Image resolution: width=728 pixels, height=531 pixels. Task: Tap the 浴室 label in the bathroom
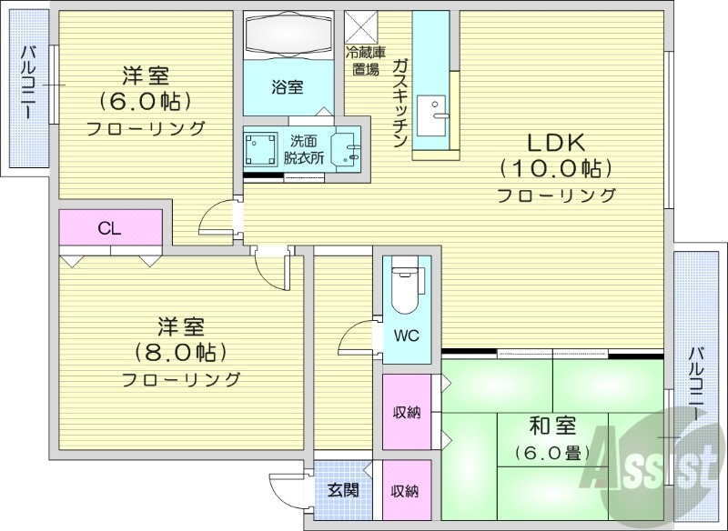pos(287,87)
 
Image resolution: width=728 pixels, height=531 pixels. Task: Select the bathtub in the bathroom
pos(288,35)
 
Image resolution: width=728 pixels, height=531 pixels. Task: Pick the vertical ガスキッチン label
pos(399,102)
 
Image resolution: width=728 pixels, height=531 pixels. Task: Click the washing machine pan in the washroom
pos(261,146)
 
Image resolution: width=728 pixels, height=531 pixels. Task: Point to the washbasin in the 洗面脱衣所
pos(347,147)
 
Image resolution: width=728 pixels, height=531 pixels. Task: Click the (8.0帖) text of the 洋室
pos(180,351)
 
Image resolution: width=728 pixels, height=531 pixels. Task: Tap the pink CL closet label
pos(110,229)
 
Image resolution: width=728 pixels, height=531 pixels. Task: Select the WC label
pos(406,335)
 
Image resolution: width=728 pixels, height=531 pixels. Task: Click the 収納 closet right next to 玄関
pos(405,491)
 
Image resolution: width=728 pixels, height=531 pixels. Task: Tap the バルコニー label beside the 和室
pos(696,382)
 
